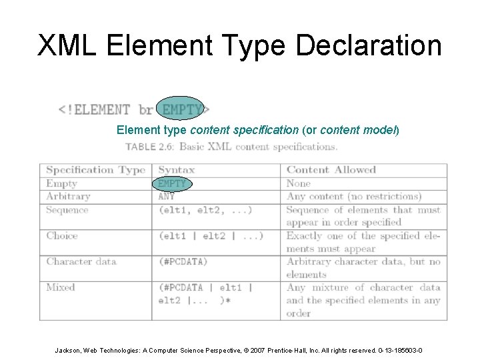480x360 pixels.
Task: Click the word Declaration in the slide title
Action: click(x=368, y=46)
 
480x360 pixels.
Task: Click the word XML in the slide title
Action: click(x=67, y=46)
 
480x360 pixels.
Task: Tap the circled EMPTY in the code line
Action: click(x=183, y=109)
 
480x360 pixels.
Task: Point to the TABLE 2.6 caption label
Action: click(x=150, y=147)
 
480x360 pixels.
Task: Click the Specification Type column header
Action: click(x=95, y=170)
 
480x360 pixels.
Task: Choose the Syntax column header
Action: click(x=177, y=170)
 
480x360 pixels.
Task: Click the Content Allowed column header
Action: click(x=331, y=170)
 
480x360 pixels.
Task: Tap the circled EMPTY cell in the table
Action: click(x=173, y=183)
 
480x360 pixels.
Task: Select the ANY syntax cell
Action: click(x=167, y=196)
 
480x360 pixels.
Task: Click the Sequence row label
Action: click(x=67, y=209)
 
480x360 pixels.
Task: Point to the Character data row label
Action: click(x=81, y=261)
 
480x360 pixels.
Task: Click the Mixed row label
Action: click(x=61, y=287)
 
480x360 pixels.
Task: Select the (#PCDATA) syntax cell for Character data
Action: click(x=183, y=261)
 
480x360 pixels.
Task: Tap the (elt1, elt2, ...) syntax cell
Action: click(x=205, y=209)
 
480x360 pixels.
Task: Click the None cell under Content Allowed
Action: click(x=299, y=183)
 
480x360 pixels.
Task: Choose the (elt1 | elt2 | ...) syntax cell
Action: click(x=211, y=235)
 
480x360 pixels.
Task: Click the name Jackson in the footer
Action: click(x=70, y=351)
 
